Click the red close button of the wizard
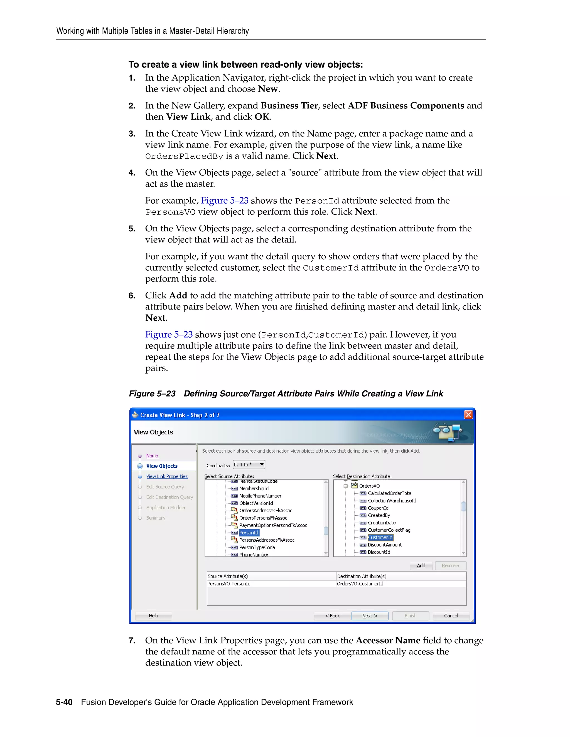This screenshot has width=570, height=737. pos(468,414)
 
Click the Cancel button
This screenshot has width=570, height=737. pos(451,615)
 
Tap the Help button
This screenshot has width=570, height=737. pos(153,615)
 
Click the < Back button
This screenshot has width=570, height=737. pos(332,615)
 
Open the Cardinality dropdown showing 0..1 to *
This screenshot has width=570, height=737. pos(249,465)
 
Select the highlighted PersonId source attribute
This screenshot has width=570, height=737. pos(249,533)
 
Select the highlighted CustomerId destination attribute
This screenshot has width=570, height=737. pos(380,537)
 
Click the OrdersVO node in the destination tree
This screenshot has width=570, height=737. pos(369,486)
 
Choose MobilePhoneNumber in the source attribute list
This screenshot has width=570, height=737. pos(260,496)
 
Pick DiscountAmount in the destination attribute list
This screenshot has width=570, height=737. pos(385,545)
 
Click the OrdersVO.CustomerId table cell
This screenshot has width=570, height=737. pos(360,583)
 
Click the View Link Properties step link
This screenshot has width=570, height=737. pos(167,476)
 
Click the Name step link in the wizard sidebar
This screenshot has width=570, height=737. pos(152,456)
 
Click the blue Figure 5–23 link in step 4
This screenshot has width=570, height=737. pos(225,201)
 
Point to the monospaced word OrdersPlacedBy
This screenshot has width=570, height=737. pos(184,156)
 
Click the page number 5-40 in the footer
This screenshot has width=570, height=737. pos(64,702)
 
